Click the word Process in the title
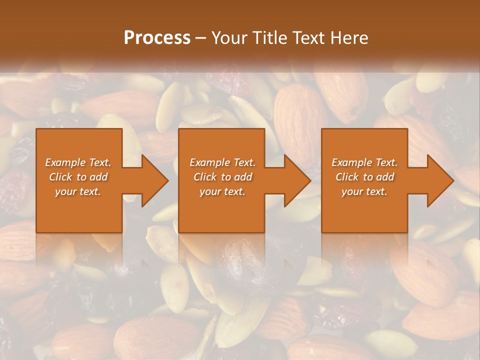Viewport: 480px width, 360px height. tap(157, 37)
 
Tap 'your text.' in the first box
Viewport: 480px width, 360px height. tap(78, 191)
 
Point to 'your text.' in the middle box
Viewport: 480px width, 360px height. tap(222, 191)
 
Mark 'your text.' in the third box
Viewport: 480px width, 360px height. tap(364, 191)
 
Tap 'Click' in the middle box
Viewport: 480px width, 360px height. tap(205, 177)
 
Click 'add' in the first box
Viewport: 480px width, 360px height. tap(98, 177)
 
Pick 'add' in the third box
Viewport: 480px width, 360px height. tap(385, 177)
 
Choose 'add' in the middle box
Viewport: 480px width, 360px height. tap(243, 177)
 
